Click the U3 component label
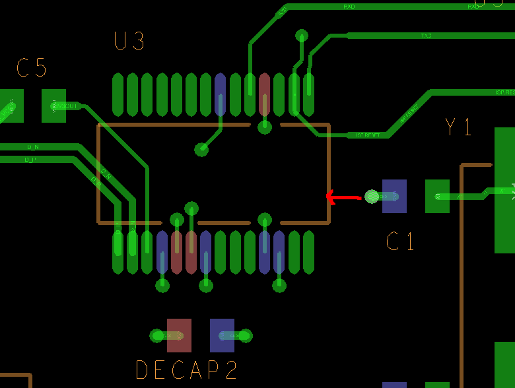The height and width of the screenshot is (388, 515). pos(129,42)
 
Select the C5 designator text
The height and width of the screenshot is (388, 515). pos(32,69)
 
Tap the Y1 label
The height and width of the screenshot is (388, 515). pos(459,127)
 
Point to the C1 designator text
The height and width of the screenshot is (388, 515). pos(401,242)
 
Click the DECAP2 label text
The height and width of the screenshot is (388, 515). pos(186,370)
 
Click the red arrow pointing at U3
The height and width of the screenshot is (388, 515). pos(343,197)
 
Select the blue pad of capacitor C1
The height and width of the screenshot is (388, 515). pos(395,196)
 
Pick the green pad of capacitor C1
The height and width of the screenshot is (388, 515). pos(437,196)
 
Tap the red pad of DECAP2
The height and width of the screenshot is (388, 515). pos(179,335)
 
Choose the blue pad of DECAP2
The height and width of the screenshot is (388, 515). pos(222,335)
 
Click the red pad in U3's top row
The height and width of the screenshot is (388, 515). pos(265,95)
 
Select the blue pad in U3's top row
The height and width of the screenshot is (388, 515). pos(221,95)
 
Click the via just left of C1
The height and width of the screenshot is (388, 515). pos(372,196)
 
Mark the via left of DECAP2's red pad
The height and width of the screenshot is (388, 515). pos(156,336)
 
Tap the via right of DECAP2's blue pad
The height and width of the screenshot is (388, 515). pos(246,336)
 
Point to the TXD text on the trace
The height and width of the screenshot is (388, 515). pos(427,36)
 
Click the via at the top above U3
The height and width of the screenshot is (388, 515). pos(302,36)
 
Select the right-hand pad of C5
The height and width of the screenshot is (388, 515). pos(54,106)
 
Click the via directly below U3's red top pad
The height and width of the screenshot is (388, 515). pos(265,127)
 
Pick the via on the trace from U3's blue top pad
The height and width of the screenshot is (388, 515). pos(201,149)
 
